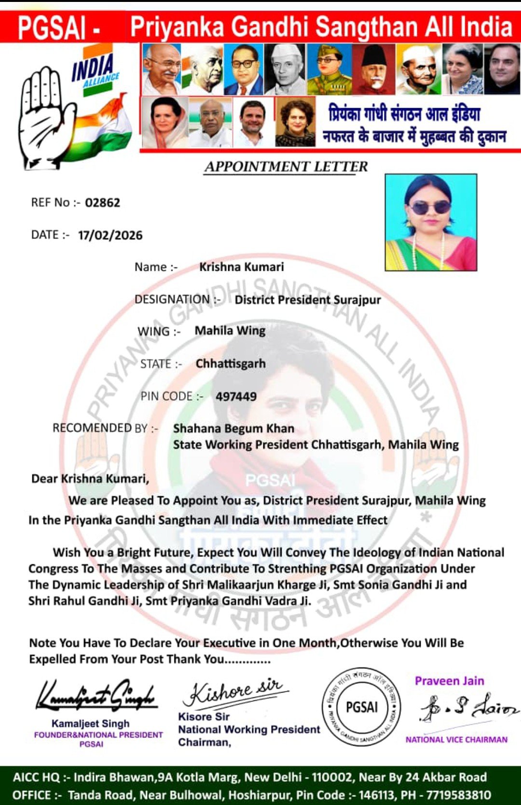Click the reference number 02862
[102, 203]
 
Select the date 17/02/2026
[110, 236]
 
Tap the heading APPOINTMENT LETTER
[286, 167]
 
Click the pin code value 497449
[236, 397]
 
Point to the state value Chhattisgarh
[231, 364]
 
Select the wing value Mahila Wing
[230, 331]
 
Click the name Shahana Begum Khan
[233, 429]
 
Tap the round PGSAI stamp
[362, 708]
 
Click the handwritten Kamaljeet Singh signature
[96, 696]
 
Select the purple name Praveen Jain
[449, 681]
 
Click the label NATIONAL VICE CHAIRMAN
[456, 739]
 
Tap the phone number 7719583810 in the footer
[459, 795]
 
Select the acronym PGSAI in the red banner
[52, 28]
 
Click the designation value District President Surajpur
[308, 300]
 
